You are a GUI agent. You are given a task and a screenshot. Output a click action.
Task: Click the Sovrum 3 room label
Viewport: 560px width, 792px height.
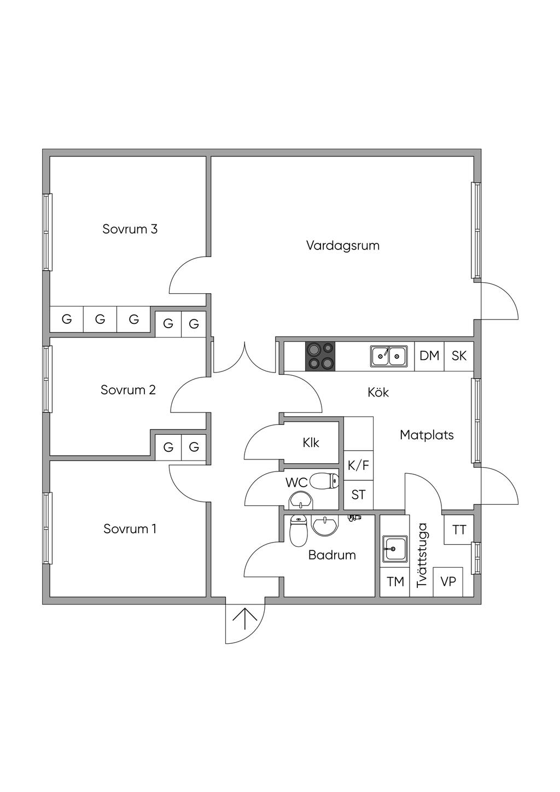130,229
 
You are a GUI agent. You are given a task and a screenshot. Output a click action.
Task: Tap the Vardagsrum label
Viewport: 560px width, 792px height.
342,245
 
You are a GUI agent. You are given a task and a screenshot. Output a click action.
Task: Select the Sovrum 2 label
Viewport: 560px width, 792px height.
128,390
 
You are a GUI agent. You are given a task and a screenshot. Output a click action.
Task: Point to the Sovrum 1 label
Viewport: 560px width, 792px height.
130,529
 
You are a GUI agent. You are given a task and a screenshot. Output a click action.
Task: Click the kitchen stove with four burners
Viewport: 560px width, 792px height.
320,356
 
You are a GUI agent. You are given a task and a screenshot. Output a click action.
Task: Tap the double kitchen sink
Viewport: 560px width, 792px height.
389,356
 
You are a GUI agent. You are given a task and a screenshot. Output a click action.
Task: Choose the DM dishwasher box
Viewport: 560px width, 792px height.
429,356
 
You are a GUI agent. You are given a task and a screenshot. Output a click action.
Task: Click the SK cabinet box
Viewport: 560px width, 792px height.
459,356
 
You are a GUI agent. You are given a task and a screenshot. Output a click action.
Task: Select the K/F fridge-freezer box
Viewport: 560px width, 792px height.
358,466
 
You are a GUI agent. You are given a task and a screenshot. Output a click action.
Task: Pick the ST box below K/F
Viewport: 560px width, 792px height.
358,495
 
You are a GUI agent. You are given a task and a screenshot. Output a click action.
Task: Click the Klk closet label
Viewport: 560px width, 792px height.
311,442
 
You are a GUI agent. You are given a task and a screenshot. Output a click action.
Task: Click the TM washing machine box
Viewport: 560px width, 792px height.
395,581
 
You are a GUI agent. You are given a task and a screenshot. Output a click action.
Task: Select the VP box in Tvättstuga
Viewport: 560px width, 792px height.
448,581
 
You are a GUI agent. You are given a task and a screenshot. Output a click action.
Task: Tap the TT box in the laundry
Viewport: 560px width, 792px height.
459,529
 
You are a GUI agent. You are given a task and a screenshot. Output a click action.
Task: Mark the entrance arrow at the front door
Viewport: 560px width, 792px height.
245,620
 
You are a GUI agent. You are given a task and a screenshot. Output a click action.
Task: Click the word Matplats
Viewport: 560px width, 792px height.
427,435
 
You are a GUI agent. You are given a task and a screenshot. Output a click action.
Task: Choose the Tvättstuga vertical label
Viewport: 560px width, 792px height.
422,555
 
